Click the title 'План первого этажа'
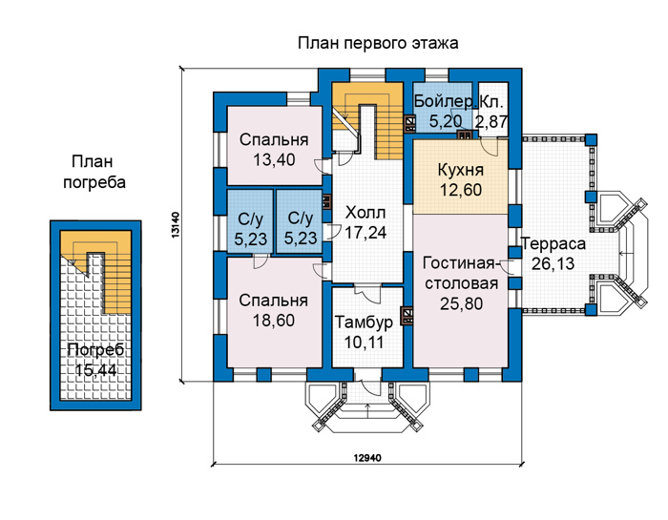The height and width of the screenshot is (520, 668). (x=378, y=44)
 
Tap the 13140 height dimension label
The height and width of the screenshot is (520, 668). (x=176, y=225)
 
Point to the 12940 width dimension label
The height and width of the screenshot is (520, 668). (x=367, y=458)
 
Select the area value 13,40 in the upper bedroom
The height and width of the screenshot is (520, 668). (x=274, y=160)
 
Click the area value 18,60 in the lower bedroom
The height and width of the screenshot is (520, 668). (x=274, y=321)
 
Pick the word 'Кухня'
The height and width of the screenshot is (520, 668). (x=461, y=171)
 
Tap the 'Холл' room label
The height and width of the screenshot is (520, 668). (x=365, y=213)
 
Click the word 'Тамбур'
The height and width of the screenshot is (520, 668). (x=364, y=322)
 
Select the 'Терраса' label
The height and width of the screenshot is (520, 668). (x=553, y=244)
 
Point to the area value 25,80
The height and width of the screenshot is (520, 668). (x=461, y=303)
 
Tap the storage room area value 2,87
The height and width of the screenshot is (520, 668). (x=492, y=122)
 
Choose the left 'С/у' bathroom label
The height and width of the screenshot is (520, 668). (x=250, y=219)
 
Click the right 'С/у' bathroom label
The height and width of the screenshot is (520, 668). (x=301, y=218)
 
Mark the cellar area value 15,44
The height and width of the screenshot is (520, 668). (x=95, y=370)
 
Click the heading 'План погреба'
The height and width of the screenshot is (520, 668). (x=94, y=172)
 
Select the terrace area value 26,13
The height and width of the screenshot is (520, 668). (x=553, y=264)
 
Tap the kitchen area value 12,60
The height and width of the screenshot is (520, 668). (x=461, y=190)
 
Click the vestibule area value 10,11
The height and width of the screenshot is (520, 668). (x=364, y=342)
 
